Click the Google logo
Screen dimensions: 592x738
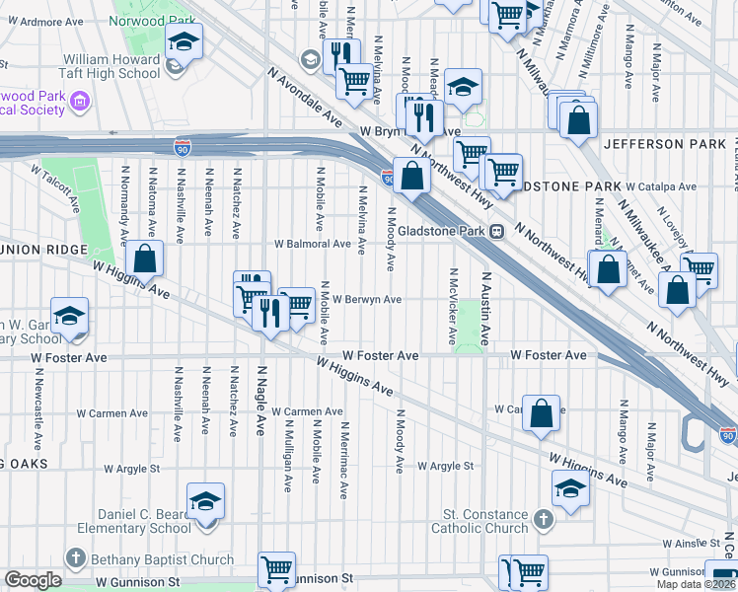(x=32, y=580)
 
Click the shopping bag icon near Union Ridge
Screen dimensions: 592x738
(x=145, y=259)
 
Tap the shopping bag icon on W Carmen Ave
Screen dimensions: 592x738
(x=542, y=415)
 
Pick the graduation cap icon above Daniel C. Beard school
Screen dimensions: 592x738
(x=206, y=501)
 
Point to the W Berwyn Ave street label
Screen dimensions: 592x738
(x=366, y=300)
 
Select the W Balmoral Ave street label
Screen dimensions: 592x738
(x=313, y=244)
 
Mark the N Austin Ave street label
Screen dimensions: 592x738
(x=485, y=308)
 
